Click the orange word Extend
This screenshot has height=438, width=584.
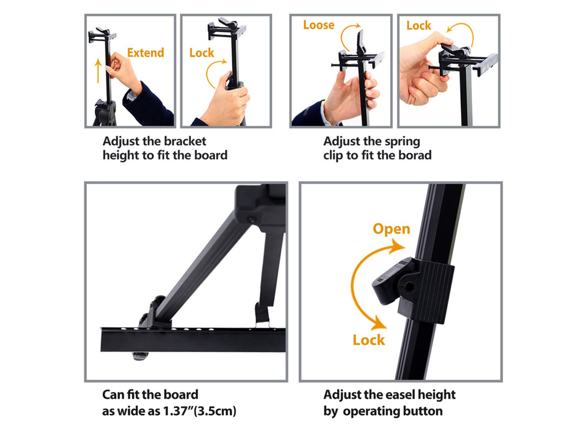145,53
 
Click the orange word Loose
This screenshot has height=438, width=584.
318,25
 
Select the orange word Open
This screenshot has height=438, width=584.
391,229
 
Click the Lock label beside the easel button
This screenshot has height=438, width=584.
368,340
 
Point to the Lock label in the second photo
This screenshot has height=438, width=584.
201,53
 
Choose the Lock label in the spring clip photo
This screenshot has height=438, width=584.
419,26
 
